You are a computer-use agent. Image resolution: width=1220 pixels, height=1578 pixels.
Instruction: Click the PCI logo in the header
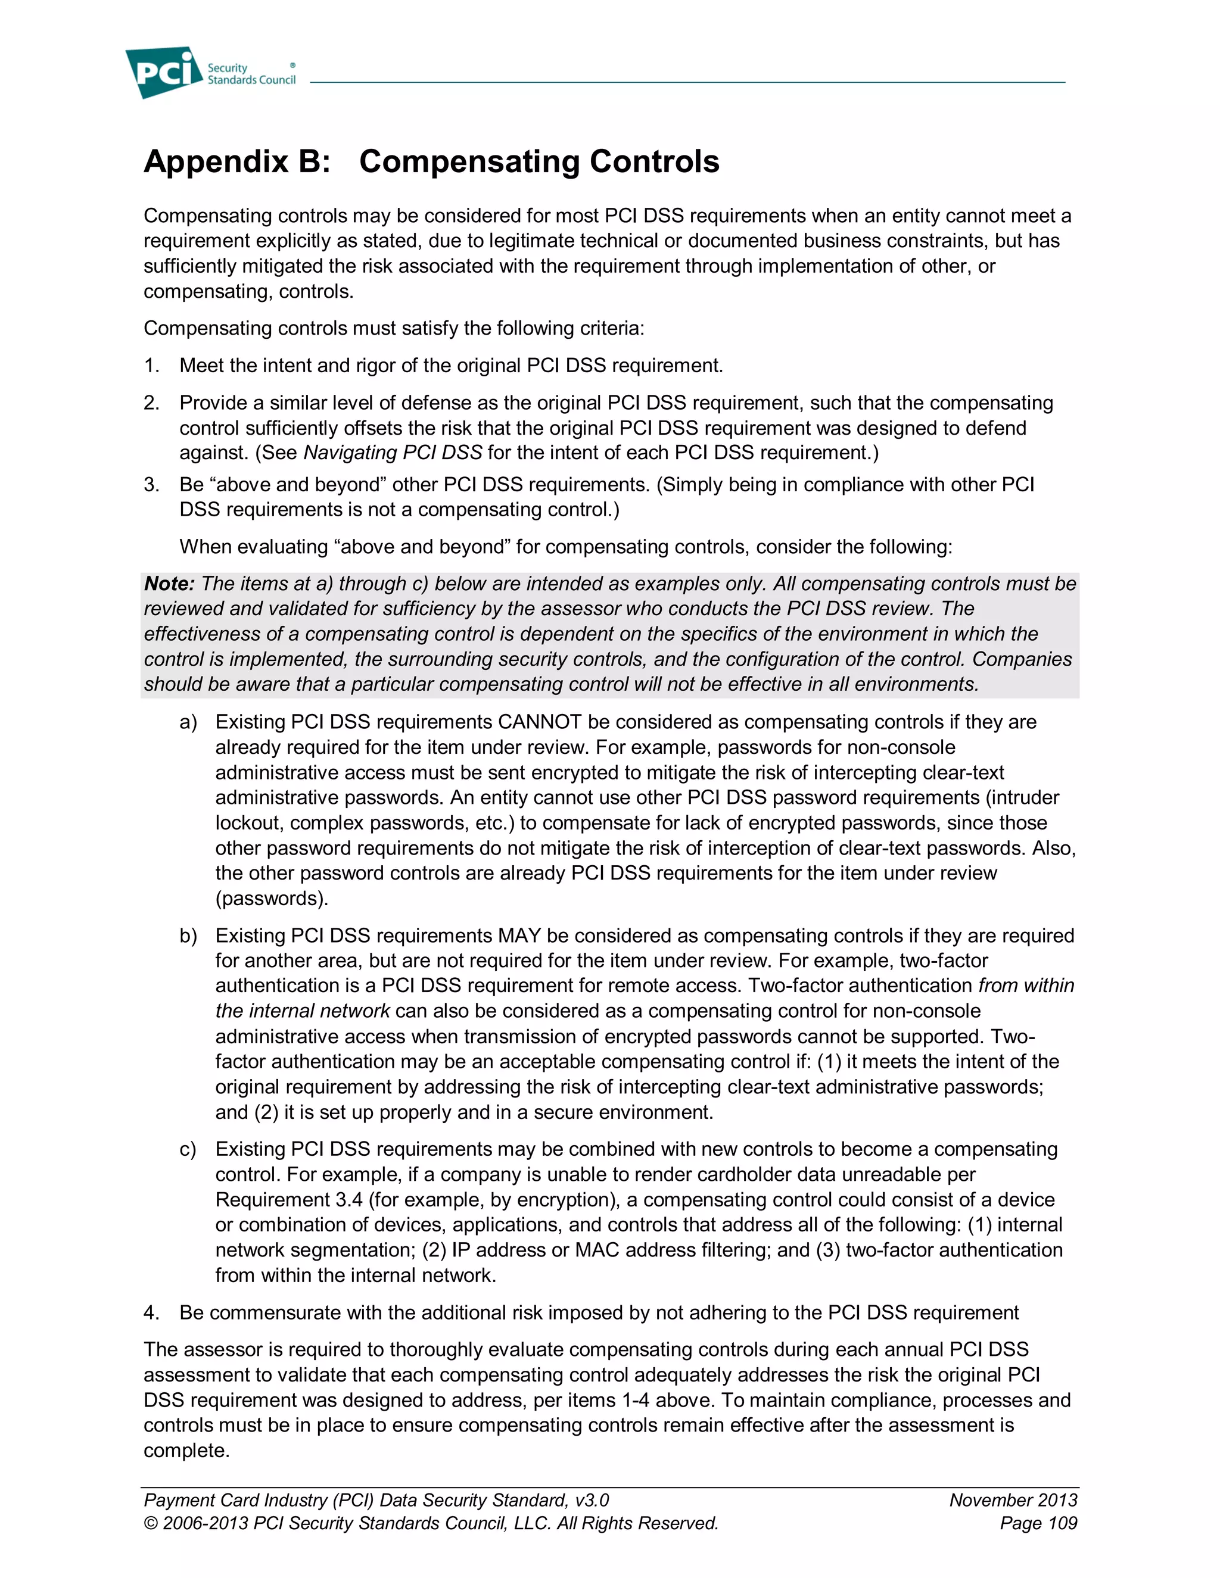point(163,72)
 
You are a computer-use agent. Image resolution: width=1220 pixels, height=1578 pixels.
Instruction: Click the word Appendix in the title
point(216,161)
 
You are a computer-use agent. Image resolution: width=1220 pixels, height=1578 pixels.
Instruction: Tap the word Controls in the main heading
point(654,161)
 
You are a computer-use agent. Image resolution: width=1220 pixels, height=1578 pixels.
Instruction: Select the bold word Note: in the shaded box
point(169,583)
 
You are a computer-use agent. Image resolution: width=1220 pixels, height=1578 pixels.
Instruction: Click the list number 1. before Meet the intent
point(151,366)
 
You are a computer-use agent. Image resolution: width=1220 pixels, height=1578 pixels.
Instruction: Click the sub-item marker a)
point(188,722)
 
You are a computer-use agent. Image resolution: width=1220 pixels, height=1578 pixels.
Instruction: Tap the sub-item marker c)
point(188,1149)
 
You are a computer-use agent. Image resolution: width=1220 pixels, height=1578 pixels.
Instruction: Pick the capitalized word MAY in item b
point(519,935)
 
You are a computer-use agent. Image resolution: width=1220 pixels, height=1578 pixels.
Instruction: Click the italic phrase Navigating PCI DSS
point(393,453)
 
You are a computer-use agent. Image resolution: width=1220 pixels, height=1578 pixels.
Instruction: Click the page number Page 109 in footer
point(1038,1523)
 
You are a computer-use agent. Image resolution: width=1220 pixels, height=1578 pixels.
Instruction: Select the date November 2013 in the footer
point(1013,1500)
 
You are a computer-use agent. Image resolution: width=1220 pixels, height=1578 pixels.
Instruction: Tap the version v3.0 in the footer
point(593,1500)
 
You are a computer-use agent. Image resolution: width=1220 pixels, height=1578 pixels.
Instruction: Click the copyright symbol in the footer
point(150,1523)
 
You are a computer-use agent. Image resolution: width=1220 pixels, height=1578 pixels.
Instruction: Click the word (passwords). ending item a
point(272,898)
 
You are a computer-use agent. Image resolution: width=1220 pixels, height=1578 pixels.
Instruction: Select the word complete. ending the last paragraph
point(186,1450)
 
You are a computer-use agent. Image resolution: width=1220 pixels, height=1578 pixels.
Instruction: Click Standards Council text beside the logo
point(251,80)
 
